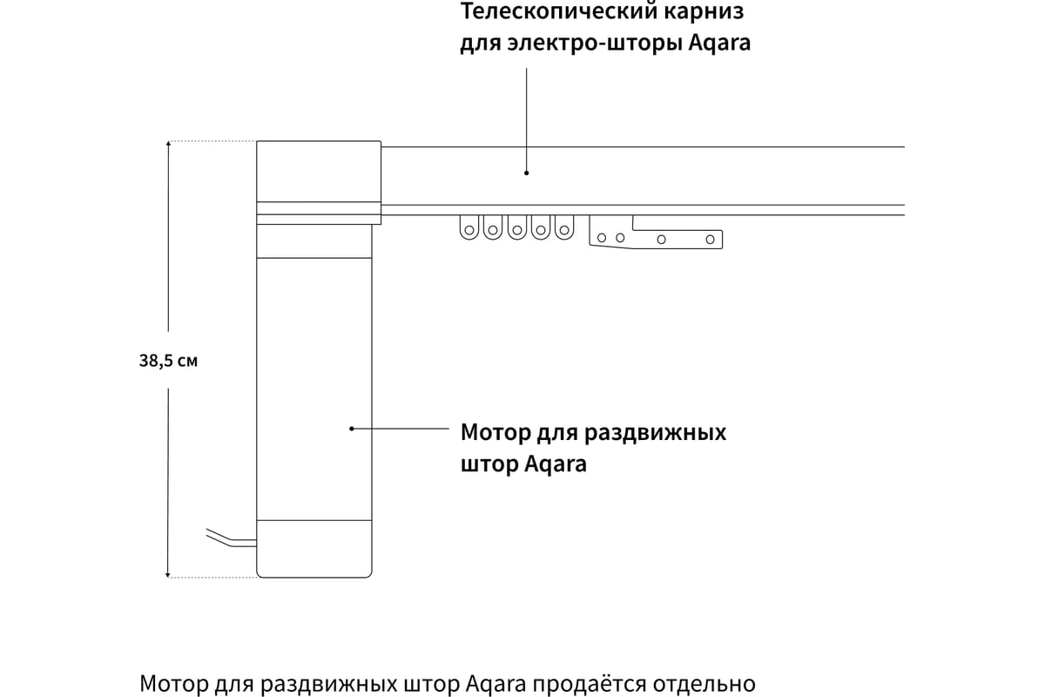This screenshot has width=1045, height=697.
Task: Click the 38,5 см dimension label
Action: tap(168, 361)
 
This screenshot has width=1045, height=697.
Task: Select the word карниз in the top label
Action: tap(704, 10)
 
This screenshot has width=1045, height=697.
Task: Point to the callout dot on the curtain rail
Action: tap(526, 173)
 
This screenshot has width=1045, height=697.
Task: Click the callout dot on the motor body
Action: tap(352, 429)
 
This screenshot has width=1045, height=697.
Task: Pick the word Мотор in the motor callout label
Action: tap(495, 432)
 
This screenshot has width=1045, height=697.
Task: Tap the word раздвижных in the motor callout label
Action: tap(655, 433)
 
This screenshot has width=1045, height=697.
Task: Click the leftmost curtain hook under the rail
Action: tap(469, 227)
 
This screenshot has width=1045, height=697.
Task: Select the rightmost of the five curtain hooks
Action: tap(564, 227)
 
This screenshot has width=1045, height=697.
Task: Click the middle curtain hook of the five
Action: tap(517, 227)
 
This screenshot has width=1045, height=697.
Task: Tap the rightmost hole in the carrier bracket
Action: tap(710, 240)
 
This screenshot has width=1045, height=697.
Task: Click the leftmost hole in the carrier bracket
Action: tap(602, 238)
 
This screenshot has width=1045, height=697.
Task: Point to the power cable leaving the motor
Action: tap(232, 539)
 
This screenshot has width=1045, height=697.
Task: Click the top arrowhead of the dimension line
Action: tap(168, 145)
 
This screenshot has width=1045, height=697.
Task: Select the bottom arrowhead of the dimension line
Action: tap(168, 574)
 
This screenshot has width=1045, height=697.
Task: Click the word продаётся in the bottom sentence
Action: tap(590, 684)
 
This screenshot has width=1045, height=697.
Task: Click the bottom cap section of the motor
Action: tap(314, 549)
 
